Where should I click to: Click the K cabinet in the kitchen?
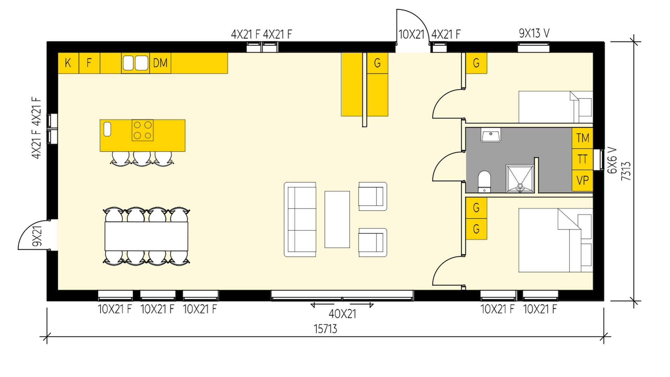point(68,63)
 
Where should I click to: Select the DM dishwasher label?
point(160,63)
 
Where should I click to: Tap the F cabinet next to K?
point(89,63)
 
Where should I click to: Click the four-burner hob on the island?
point(143,130)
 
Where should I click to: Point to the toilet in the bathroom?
point(484,181)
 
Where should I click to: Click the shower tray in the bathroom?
point(520,179)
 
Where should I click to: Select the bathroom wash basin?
point(491,135)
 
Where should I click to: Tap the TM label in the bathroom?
point(583,138)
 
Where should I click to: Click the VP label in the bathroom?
point(583,181)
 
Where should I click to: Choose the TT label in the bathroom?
point(583,159)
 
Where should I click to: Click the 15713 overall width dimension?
point(325,329)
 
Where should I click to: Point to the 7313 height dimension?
point(626,171)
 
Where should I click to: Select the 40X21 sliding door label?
point(342,314)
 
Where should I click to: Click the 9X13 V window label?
point(534,33)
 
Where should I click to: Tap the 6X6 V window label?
point(612,160)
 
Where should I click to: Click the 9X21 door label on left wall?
point(37,236)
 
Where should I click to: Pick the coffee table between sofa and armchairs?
point(337,219)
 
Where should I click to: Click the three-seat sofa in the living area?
point(300,219)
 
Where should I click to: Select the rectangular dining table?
point(146,236)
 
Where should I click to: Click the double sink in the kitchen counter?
point(135,63)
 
